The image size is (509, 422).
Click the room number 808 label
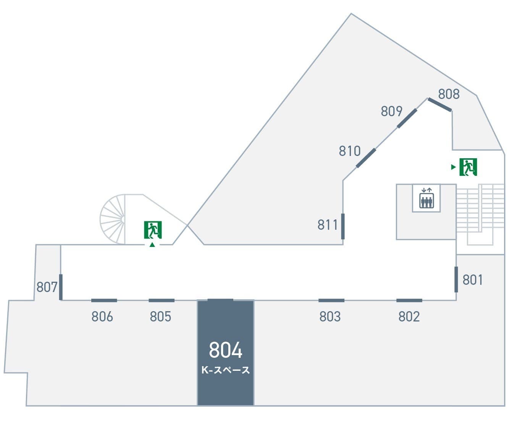click(x=449, y=94)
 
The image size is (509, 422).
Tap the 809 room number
click(x=391, y=111)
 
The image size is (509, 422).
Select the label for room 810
click(x=349, y=151)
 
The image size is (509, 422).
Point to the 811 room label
click(x=328, y=225)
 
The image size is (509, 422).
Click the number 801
click(x=472, y=280)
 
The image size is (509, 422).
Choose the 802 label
click(x=409, y=316)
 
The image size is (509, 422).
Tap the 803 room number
click(x=330, y=316)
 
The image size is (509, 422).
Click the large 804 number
click(x=225, y=350)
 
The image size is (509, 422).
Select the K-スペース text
click(x=225, y=370)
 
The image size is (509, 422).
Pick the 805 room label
click(x=160, y=316)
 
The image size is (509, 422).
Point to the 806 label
click(x=102, y=316)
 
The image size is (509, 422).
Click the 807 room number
click(x=47, y=287)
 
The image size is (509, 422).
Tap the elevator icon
click(x=426, y=198)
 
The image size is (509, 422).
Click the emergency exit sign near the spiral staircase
click(x=153, y=230)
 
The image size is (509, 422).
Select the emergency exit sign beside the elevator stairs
click(x=468, y=167)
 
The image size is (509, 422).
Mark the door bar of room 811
click(x=343, y=226)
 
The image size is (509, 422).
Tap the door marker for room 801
click(x=456, y=279)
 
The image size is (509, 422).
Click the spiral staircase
click(x=113, y=219)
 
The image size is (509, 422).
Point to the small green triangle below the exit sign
click(x=152, y=245)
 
